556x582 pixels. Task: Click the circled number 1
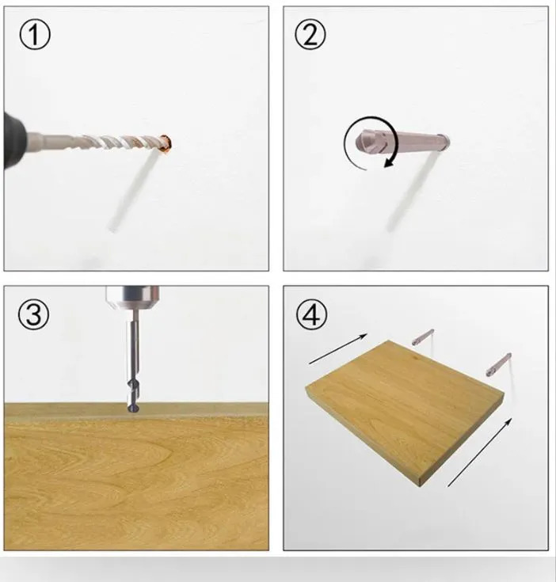click(x=35, y=35)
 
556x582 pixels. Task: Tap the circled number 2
click(x=310, y=35)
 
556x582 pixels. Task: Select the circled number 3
click(x=33, y=314)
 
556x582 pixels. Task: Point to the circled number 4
click(x=312, y=314)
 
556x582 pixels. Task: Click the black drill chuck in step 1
click(x=13, y=140)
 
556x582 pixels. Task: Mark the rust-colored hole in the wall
click(x=166, y=143)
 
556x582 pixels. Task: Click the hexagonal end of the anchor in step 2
click(x=367, y=140)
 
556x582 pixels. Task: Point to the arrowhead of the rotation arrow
click(x=389, y=162)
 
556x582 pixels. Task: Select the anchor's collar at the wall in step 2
click(x=444, y=140)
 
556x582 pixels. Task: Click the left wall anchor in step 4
click(x=423, y=337)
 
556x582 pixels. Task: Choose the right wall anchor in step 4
click(x=499, y=365)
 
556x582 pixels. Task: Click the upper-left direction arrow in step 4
click(x=338, y=349)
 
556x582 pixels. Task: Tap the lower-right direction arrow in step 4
click(x=480, y=451)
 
